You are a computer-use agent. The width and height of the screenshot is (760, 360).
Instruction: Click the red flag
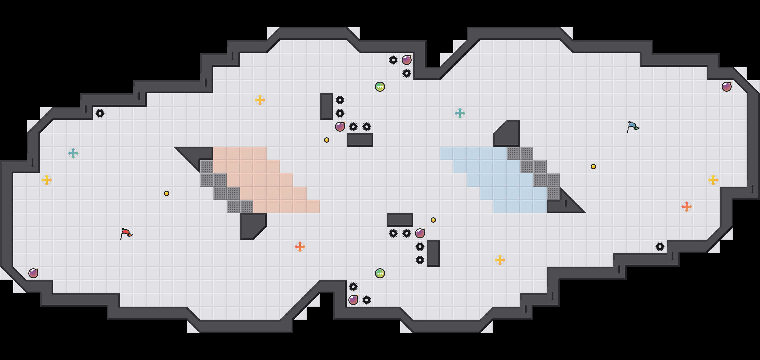[x=126, y=233]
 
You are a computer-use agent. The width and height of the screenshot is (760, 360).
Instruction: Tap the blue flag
[x=632, y=127]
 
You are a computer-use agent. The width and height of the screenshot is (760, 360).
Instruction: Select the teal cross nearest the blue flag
[x=460, y=113]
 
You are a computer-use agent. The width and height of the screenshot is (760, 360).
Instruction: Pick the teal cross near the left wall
[x=73, y=153]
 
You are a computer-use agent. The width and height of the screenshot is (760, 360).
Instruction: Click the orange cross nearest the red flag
[x=300, y=247]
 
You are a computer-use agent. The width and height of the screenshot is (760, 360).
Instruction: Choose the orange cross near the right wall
[x=687, y=207]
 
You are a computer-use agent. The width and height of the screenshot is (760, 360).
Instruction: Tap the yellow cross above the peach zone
[x=260, y=100]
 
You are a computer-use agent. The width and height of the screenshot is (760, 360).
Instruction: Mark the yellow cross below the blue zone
[x=500, y=260]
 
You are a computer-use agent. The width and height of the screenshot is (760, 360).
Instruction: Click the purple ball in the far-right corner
[x=727, y=87]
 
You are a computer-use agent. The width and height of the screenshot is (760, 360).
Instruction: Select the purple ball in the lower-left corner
[x=33, y=273]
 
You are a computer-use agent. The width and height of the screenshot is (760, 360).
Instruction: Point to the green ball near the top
[x=380, y=87]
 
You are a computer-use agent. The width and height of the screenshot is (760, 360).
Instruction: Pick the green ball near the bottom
[x=380, y=273]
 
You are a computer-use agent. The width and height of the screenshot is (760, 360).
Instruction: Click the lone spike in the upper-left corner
[x=100, y=113]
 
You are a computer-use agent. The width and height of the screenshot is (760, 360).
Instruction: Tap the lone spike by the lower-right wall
[x=660, y=247]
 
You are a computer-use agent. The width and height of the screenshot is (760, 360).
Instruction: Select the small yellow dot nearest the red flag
[x=167, y=193]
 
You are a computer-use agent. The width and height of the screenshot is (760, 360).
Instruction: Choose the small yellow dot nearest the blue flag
[x=593, y=167]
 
